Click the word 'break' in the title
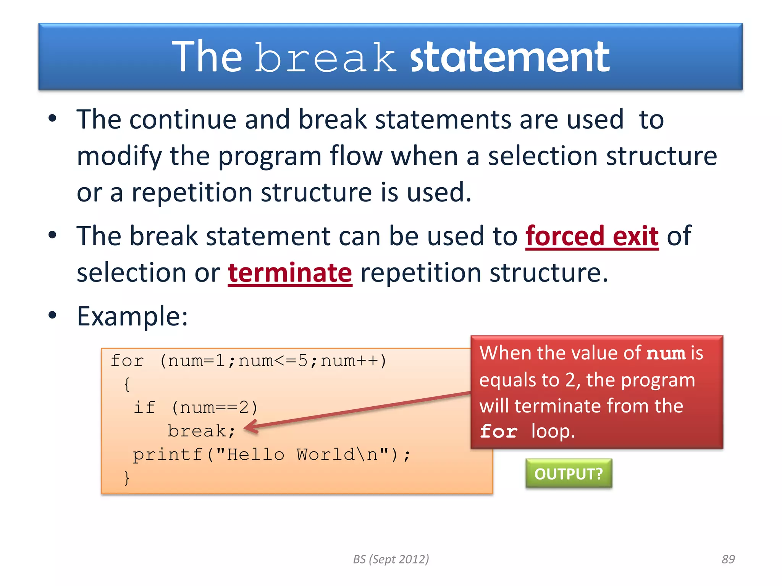(x=325, y=58)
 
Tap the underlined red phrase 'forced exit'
(x=592, y=236)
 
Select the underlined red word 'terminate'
(x=290, y=273)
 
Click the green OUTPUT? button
(x=569, y=473)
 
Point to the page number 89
(x=728, y=559)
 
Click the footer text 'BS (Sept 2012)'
(x=391, y=559)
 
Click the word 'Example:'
(x=132, y=316)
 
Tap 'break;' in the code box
(x=201, y=431)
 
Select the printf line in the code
(x=271, y=454)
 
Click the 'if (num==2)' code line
(x=195, y=407)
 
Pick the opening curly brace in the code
(x=127, y=384)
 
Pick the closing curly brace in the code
(x=127, y=478)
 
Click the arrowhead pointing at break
(x=249, y=427)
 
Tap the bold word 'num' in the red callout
(x=666, y=354)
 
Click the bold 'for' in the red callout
(x=499, y=431)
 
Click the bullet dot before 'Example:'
(x=52, y=316)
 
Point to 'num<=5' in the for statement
(x=273, y=361)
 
